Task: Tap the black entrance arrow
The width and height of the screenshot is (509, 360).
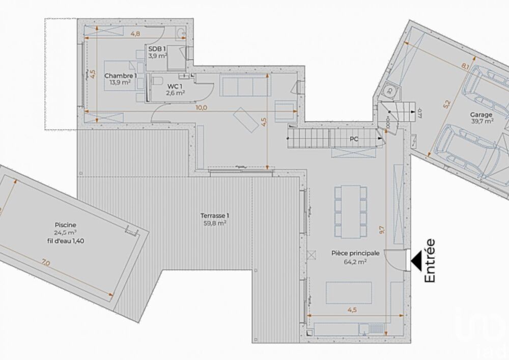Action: click(416, 260)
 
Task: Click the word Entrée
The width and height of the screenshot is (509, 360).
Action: click(430, 260)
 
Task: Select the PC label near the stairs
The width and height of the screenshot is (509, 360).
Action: click(355, 139)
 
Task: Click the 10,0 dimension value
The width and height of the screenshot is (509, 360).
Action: click(201, 108)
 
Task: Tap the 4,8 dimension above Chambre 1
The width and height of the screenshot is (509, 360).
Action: click(135, 34)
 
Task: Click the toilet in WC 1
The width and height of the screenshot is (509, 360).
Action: click(157, 81)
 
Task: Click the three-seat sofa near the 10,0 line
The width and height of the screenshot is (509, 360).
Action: click(245, 85)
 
